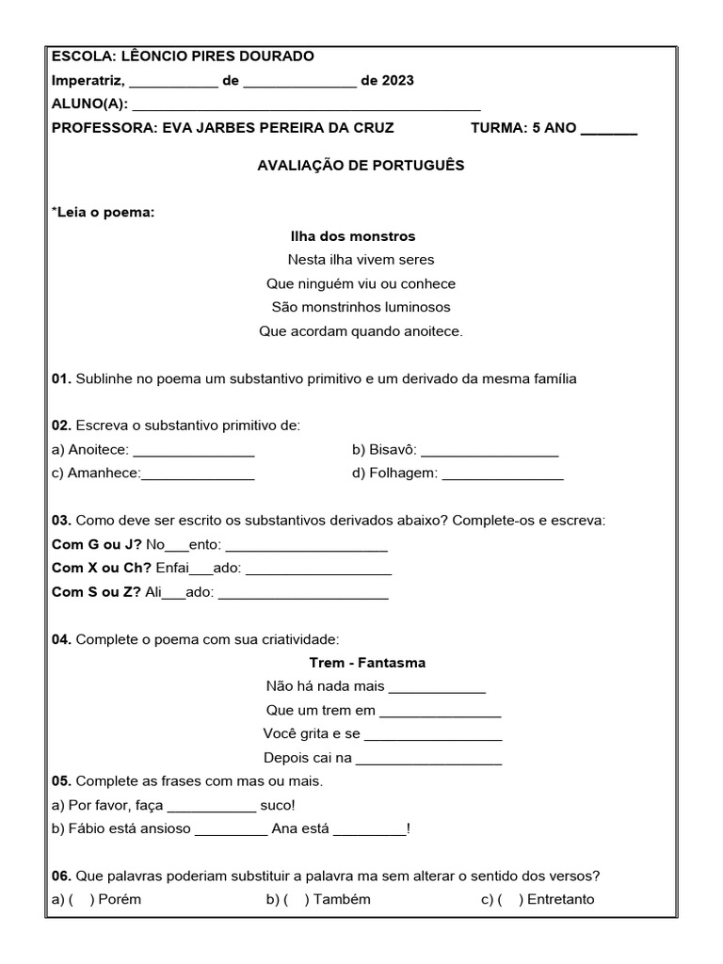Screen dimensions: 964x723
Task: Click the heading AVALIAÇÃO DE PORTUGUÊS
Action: pos(361,165)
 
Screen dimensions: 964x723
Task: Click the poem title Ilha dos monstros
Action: pos(353,236)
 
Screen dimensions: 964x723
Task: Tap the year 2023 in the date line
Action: pos(398,81)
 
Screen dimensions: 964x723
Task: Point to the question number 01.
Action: pos(61,378)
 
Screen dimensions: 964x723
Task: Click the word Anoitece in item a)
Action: pos(98,450)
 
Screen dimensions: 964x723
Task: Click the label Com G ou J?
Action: pos(97,544)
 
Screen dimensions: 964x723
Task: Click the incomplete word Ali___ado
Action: pos(180,593)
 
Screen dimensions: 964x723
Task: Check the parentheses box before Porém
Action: pos(82,899)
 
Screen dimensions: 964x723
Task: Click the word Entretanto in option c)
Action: pos(561,899)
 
